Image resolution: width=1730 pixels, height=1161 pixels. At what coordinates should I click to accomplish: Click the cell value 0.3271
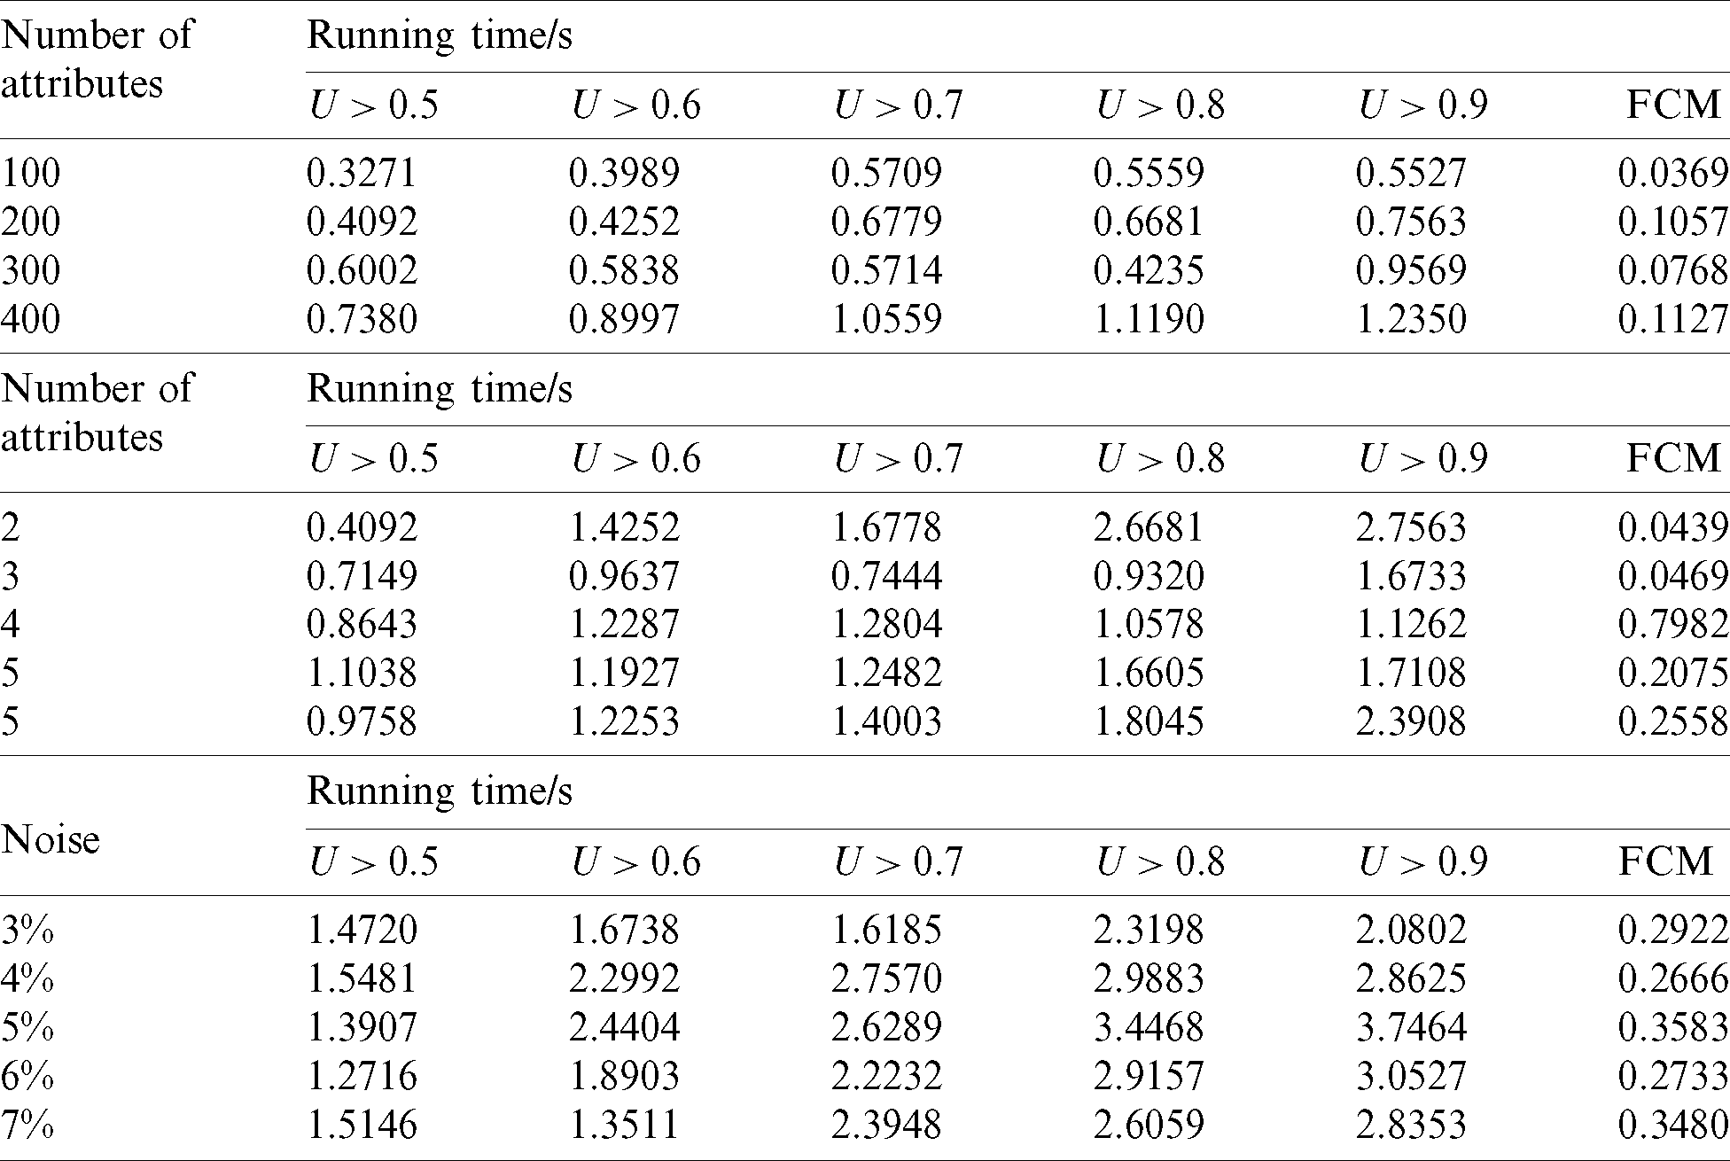(x=362, y=173)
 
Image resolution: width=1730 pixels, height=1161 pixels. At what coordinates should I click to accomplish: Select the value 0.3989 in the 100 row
(x=624, y=173)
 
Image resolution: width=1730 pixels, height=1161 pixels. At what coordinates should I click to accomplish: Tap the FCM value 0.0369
(x=1672, y=173)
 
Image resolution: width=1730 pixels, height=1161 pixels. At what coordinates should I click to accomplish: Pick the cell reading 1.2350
(x=1411, y=319)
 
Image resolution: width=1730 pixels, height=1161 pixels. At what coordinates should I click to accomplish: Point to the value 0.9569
(x=1411, y=270)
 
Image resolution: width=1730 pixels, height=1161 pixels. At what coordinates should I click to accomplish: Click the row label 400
(x=31, y=319)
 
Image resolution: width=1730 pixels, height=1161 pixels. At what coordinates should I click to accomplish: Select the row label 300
(x=31, y=270)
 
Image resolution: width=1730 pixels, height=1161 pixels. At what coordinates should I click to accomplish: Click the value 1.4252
(x=624, y=527)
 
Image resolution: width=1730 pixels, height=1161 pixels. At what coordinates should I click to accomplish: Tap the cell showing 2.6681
(x=1149, y=527)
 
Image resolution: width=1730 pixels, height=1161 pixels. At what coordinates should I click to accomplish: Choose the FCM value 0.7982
(x=1672, y=625)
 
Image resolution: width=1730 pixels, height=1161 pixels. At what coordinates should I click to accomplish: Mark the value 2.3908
(x=1411, y=721)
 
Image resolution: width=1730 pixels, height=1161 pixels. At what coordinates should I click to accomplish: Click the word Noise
(x=51, y=839)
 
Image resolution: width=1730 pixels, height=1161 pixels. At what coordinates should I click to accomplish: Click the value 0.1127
(x=1672, y=319)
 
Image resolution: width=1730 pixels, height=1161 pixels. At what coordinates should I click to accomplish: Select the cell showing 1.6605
(x=1149, y=674)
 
